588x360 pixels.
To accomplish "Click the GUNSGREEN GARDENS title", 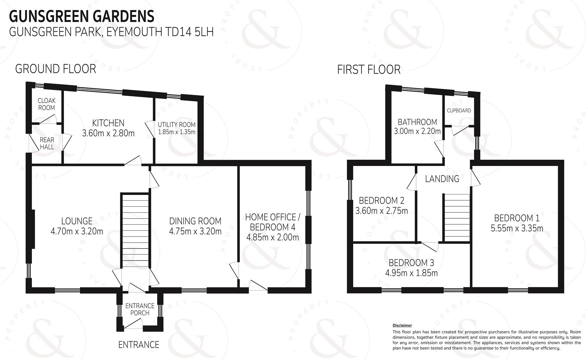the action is [x=82, y=16].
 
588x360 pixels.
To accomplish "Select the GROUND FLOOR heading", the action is [x=56, y=69].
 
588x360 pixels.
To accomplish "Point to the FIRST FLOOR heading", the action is [x=369, y=70].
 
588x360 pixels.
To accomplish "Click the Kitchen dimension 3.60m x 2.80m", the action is [x=108, y=133].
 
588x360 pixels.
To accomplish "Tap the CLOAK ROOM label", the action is [x=47, y=104].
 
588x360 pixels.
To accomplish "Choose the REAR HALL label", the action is [x=47, y=143].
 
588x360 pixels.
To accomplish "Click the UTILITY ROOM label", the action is [x=177, y=125].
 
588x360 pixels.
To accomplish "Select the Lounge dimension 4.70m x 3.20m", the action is [x=77, y=231].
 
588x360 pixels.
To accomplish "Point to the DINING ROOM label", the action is [x=195, y=221].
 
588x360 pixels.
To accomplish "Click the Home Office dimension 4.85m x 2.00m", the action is [x=273, y=237].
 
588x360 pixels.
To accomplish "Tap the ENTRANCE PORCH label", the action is [x=140, y=309].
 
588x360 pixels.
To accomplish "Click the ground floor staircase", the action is [x=135, y=230].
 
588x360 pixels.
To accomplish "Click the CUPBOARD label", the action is [x=459, y=110].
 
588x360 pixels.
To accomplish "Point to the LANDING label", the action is [x=442, y=179].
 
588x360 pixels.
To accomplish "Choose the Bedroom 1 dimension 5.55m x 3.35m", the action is [x=517, y=228].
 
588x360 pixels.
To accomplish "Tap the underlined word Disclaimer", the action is [x=402, y=325].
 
